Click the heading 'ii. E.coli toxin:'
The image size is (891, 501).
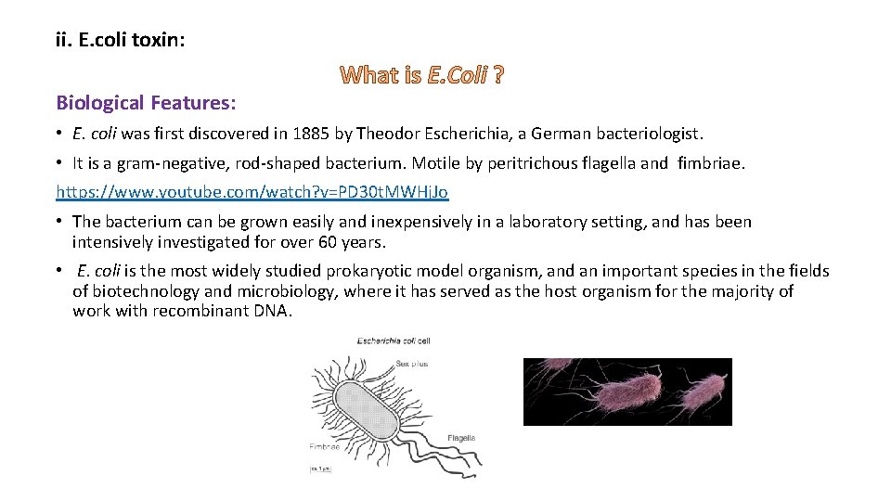pyautogui.click(x=120, y=41)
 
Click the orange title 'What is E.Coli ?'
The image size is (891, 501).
pyautogui.click(x=422, y=76)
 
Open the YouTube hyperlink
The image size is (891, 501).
pyautogui.click(x=252, y=192)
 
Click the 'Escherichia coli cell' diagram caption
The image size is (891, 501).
pyautogui.click(x=394, y=341)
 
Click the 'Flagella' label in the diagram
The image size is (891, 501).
pyautogui.click(x=461, y=437)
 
